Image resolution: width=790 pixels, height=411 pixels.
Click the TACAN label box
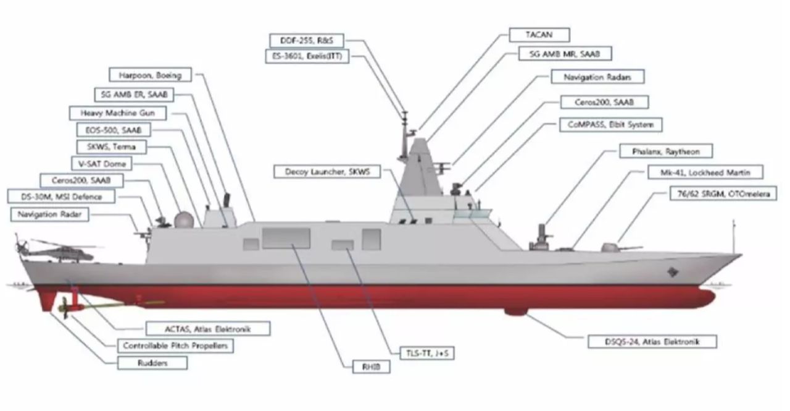pyautogui.click(x=539, y=35)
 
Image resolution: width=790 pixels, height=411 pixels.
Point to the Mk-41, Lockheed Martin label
pyautogui.click(x=705, y=172)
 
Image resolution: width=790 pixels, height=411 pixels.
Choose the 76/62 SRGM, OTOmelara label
pyautogui.click(x=723, y=194)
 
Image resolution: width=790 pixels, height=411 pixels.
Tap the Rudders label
pyautogui.click(x=153, y=363)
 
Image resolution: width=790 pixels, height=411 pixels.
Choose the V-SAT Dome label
pyautogui.click(x=101, y=164)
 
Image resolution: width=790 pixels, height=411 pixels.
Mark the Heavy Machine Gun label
pyautogui.click(x=117, y=114)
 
